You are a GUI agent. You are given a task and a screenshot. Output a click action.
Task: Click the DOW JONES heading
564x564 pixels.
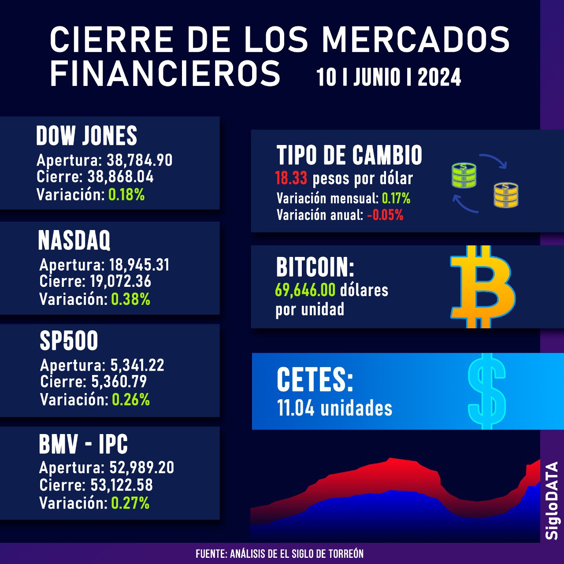86,136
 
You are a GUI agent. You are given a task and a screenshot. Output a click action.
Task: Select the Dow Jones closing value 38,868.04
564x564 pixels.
120,177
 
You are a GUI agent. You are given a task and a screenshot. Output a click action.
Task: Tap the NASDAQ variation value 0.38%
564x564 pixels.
130,300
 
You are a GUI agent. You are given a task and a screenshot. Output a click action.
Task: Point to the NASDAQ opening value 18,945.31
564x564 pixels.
139,265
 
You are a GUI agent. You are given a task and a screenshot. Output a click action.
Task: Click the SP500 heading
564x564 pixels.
69,341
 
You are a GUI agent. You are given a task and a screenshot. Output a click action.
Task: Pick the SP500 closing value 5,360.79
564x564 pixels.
119,382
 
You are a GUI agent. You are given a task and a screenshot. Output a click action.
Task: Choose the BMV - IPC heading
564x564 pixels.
83,444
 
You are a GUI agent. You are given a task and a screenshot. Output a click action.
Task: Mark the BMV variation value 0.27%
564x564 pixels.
130,503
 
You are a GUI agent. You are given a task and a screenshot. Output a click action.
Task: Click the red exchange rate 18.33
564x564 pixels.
291,178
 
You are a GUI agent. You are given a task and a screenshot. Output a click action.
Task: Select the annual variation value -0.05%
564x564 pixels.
385,215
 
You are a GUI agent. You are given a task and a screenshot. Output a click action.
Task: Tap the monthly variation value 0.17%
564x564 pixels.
396,199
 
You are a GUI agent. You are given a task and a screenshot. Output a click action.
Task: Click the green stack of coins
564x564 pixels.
464,175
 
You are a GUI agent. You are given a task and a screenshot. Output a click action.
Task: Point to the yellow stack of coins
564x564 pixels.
506,195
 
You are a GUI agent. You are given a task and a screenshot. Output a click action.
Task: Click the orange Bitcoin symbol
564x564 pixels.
482,286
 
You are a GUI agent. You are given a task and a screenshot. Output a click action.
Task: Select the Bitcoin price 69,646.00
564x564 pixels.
305,290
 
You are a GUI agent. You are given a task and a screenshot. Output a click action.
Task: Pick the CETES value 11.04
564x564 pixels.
296,408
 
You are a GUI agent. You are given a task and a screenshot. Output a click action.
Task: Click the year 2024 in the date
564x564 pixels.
439,78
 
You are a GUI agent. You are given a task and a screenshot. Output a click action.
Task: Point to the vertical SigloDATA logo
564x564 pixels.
552,500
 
